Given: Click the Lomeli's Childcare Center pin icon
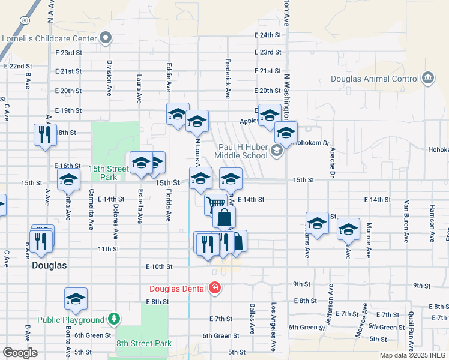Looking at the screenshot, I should (x=106, y=39).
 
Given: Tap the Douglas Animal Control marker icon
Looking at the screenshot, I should (x=427, y=79).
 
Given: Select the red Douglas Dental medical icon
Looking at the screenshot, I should (x=215, y=289).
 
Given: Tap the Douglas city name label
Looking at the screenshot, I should (x=49, y=265).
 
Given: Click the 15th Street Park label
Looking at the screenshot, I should (x=109, y=173).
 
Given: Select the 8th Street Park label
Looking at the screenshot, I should (x=144, y=344).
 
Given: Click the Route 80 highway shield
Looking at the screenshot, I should (x=25, y=20).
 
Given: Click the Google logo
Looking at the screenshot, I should (x=20, y=352).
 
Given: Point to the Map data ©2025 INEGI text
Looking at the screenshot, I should (x=413, y=355).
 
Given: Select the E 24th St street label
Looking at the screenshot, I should (x=267, y=35).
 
